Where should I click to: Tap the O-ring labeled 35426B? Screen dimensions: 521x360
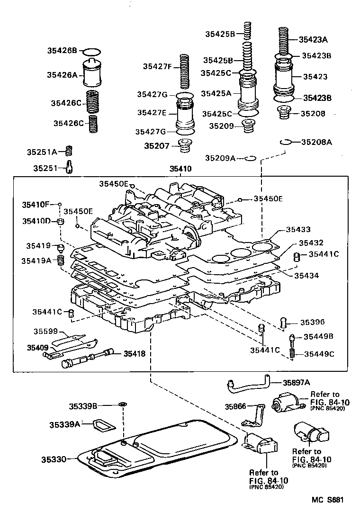pos(92,51)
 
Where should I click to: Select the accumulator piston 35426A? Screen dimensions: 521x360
pos(92,73)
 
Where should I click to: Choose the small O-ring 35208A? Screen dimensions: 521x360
pos(285,142)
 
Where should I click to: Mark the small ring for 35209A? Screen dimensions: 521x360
pos(251,158)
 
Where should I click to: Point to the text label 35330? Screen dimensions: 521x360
pos(59,458)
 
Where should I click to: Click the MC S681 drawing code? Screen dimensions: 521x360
pos(327,500)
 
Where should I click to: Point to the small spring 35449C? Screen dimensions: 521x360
pos(292,353)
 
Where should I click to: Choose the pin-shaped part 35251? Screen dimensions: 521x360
pos(69,167)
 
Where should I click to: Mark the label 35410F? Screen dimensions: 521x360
pos(36,205)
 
